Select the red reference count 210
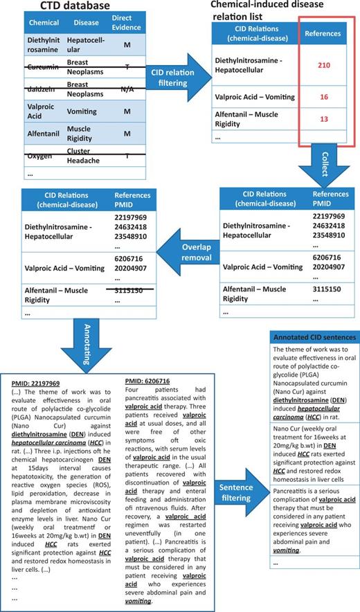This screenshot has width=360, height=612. (x=323, y=65)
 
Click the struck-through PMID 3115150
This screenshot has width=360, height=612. (x=127, y=291)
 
